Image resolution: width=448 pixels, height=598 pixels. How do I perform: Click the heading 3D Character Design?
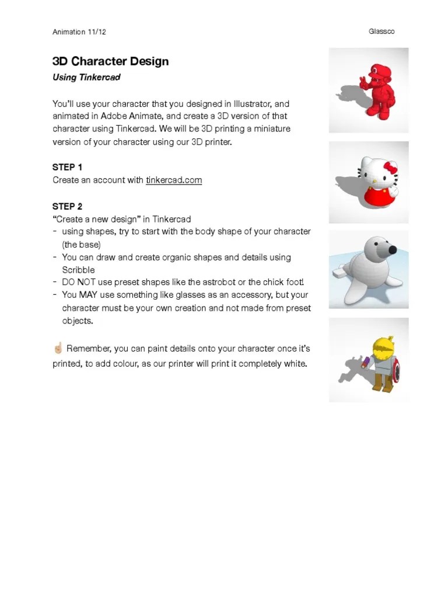tap(110, 61)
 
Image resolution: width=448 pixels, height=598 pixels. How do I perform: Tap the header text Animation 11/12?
tap(79, 32)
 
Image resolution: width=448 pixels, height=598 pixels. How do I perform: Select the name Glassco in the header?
tap(381, 32)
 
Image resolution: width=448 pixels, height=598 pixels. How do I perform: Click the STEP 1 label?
tap(67, 167)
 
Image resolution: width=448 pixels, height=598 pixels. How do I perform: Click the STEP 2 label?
tap(67, 206)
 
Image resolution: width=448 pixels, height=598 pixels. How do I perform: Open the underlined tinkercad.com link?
tap(174, 180)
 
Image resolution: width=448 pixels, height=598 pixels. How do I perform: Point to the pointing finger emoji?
tap(57, 349)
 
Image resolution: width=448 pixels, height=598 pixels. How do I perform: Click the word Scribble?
tap(78, 270)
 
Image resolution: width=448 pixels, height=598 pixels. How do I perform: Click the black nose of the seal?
tap(393, 250)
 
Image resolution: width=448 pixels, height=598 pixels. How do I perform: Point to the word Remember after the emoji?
tap(88, 349)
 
